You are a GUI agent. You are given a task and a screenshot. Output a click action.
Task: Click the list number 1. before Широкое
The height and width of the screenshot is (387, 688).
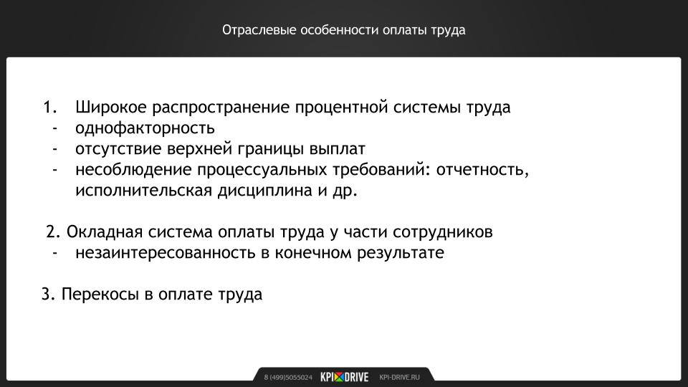(x=50, y=107)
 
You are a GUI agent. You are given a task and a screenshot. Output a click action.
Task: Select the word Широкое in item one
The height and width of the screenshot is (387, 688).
(x=111, y=107)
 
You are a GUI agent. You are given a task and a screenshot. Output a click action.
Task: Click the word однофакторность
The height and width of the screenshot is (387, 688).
(x=145, y=128)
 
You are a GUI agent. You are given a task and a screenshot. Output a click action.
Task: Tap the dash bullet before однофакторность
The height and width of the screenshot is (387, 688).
(x=55, y=128)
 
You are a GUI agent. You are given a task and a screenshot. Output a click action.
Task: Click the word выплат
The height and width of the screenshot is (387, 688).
(x=337, y=149)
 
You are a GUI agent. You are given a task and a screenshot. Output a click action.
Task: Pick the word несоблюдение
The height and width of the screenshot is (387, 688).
(x=133, y=169)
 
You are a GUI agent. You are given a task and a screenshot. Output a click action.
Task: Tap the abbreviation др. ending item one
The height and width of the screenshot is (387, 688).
(x=345, y=191)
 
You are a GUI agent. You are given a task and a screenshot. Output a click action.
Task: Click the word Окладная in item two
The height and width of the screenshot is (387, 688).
(x=105, y=231)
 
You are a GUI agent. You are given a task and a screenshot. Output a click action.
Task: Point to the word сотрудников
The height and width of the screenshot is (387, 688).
(x=442, y=232)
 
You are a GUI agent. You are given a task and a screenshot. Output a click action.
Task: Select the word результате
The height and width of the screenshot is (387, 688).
(x=400, y=253)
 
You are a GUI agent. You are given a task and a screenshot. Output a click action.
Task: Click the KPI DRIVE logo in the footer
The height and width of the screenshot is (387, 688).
(x=345, y=377)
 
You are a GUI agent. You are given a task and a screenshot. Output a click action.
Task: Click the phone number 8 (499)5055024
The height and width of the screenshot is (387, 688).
(x=288, y=378)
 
